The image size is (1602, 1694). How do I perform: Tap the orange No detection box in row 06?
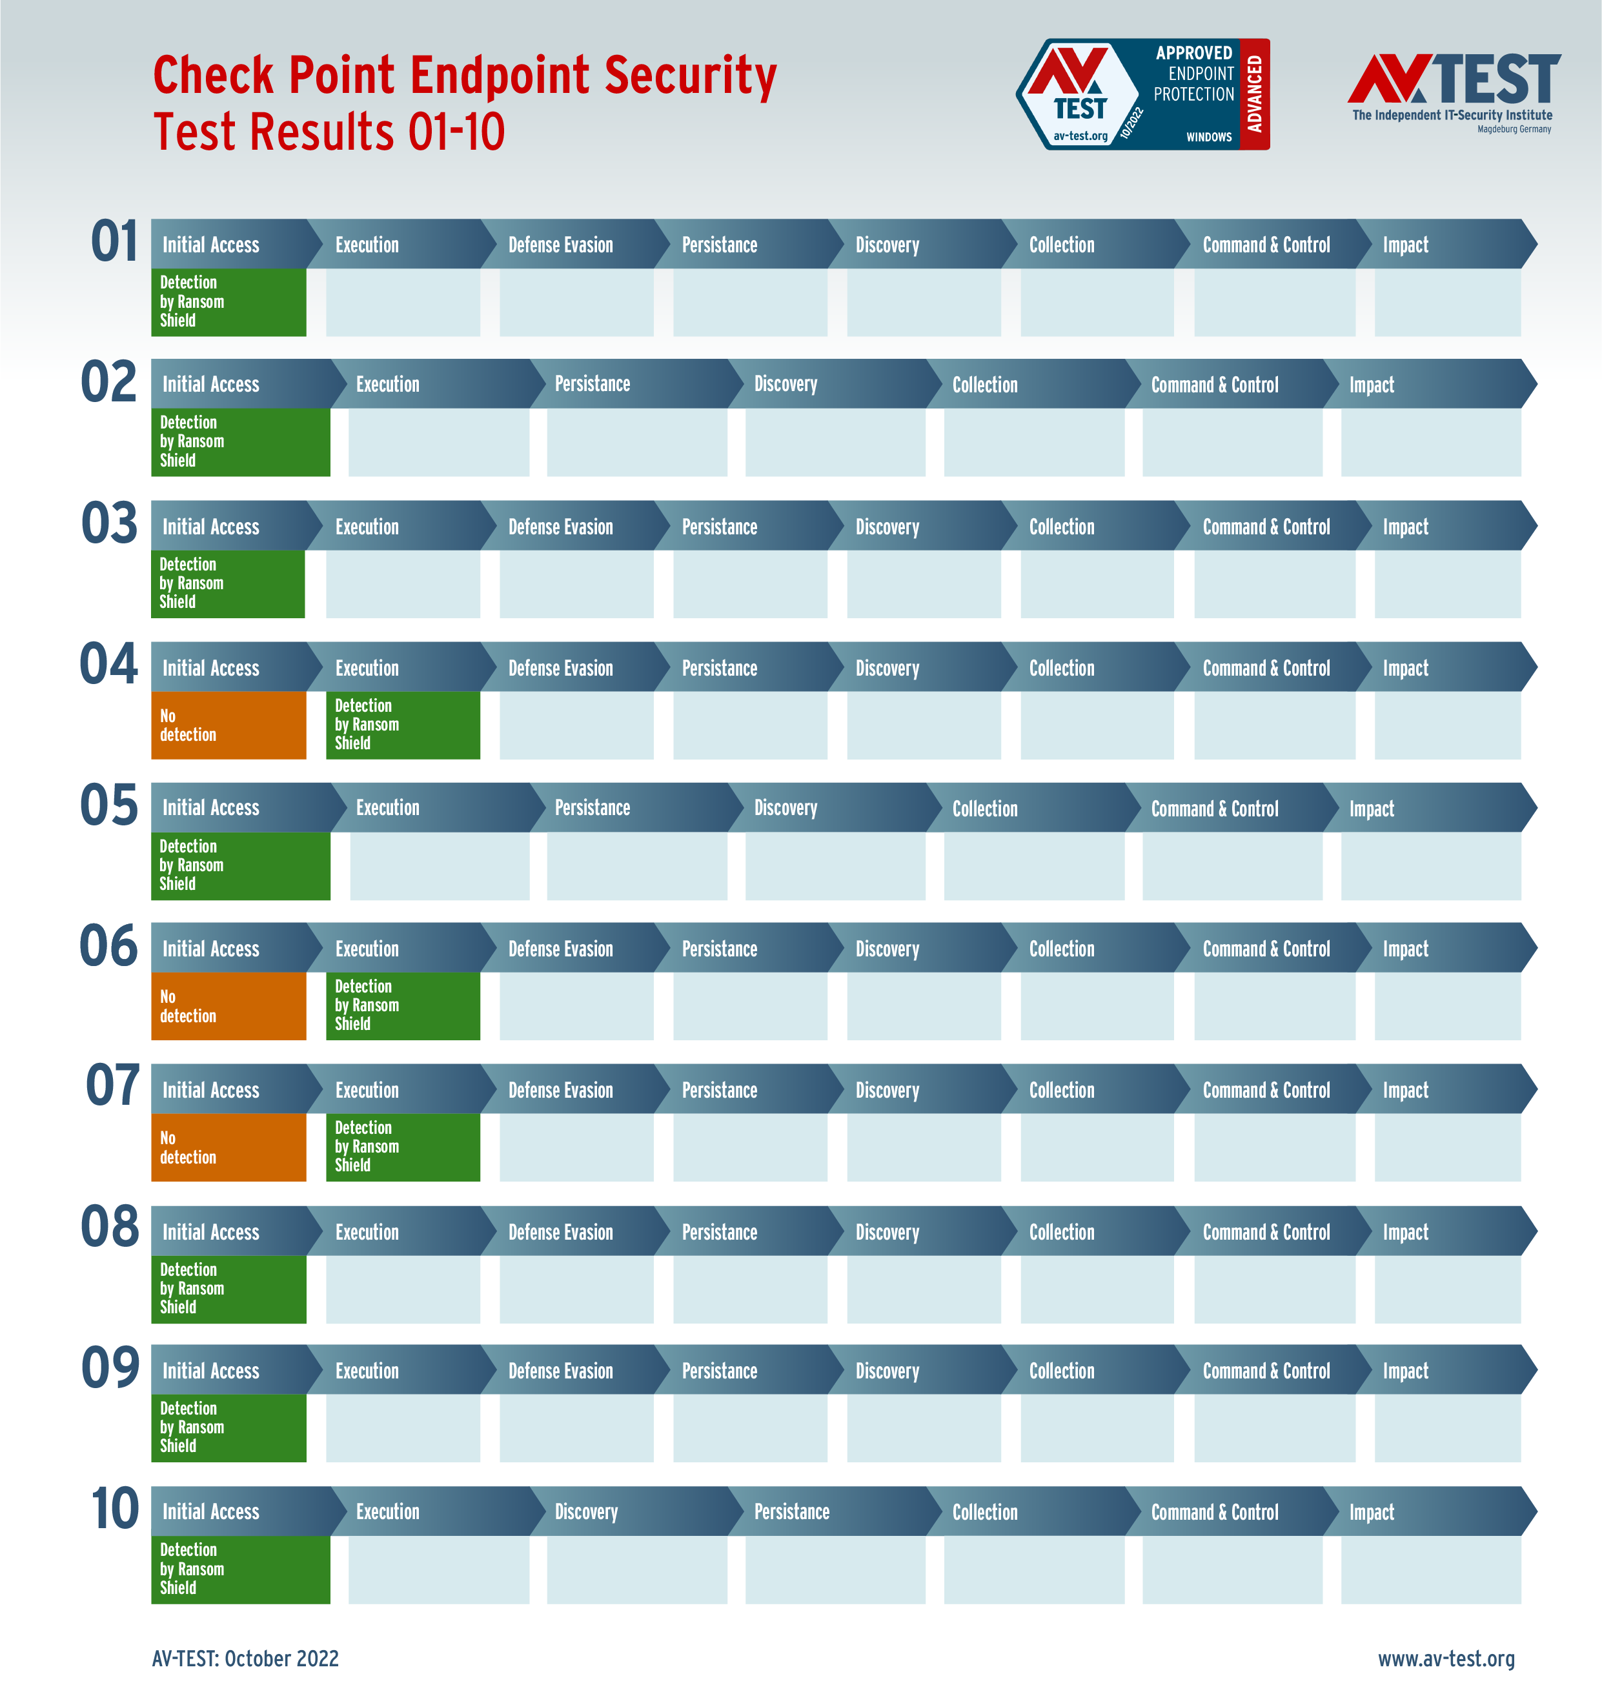point(228,1006)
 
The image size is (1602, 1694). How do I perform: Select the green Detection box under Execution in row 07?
point(402,1147)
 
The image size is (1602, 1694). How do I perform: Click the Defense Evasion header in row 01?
point(561,245)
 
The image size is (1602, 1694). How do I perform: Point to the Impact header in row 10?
point(1372,1512)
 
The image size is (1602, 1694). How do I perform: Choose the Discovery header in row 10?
point(587,1512)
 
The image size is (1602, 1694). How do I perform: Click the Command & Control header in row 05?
point(1214,809)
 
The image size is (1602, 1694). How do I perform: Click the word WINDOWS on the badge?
point(1208,137)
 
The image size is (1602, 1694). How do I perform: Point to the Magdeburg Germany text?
point(1514,130)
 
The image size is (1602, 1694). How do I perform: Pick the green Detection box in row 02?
point(240,441)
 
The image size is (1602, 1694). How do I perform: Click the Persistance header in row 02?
point(593,384)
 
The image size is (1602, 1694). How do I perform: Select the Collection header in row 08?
point(1062,1232)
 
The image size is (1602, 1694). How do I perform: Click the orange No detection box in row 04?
point(228,725)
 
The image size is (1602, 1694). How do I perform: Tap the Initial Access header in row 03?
point(211,527)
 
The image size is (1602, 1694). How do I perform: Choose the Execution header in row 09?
point(367,1371)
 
